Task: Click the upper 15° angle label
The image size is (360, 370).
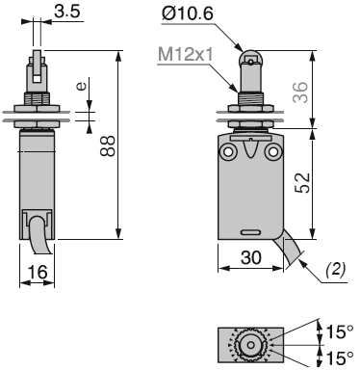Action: tap(338, 332)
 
